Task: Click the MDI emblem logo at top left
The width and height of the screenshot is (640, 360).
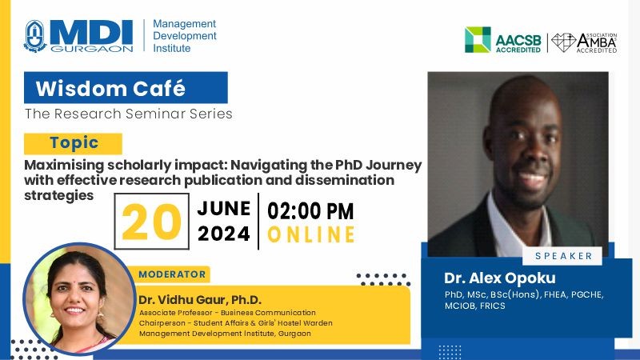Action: point(34,36)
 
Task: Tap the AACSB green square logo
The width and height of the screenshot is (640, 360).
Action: point(478,39)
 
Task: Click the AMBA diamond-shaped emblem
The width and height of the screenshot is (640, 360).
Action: point(563,42)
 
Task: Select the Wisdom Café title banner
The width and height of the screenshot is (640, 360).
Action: point(126,88)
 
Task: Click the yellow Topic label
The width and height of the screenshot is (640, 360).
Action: point(73,143)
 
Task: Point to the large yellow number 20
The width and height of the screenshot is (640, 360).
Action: point(151,222)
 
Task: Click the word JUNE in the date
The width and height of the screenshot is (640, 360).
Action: point(224,209)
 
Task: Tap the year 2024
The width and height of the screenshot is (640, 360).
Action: point(224,234)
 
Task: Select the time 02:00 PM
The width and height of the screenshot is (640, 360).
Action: point(310,211)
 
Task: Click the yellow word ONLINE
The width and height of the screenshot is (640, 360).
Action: point(311,234)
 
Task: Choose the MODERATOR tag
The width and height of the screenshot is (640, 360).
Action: point(172,274)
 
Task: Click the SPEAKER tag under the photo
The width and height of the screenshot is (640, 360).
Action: point(563,256)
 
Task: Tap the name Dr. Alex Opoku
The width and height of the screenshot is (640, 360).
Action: point(499,278)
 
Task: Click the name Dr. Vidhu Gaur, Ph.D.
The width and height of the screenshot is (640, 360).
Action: point(199,300)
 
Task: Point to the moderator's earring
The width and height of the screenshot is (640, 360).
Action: point(99,314)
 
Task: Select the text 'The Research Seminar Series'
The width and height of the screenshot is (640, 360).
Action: point(129,114)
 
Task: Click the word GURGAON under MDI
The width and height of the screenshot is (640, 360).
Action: point(92,49)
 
